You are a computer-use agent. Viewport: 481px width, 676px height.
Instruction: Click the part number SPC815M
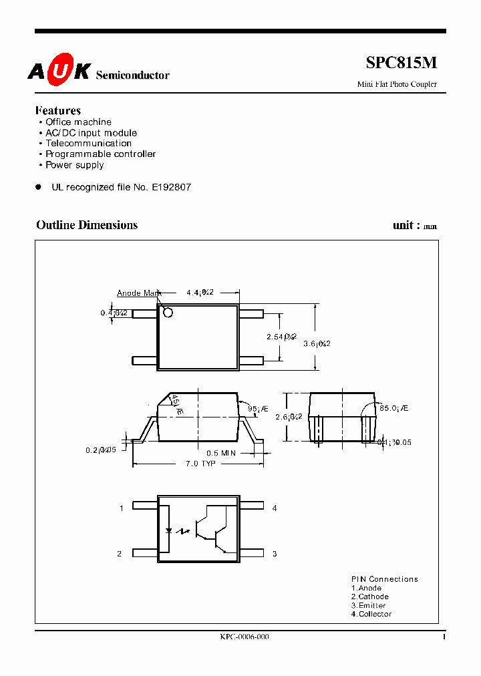coord(402,63)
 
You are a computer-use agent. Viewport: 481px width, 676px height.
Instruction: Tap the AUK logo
coord(59,71)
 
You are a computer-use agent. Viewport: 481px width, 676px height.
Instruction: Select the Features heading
coord(58,111)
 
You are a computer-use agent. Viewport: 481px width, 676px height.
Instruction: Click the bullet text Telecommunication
coord(88,144)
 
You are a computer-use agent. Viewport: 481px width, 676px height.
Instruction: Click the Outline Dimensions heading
coord(87,225)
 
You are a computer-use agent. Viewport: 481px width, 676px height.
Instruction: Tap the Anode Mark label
coord(138,293)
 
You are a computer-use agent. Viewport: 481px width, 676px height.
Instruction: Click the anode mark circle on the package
coord(168,313)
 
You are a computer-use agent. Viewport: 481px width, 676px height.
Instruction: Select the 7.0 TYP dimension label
coord(200,464)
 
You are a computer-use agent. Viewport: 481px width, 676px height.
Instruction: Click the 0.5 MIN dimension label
coord(221,453)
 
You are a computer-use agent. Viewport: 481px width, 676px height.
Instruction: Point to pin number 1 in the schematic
coord(122,508)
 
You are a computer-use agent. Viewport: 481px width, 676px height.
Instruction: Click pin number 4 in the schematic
coord(275,508)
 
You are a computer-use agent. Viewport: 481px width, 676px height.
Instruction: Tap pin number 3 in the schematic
coord(275,554)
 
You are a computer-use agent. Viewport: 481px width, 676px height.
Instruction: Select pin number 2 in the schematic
coord(120,554)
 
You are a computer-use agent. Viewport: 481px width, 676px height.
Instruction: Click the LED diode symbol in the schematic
coord(168,532)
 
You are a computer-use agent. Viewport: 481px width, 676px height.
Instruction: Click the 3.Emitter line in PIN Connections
coord(368,605)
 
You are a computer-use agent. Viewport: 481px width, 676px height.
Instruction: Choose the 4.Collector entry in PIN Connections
coord(371,614)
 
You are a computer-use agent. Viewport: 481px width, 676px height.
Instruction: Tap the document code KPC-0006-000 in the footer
coord(245,637)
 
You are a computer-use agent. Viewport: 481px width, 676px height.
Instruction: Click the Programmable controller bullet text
coord(100,154)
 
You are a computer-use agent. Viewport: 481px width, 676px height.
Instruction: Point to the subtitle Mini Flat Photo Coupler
coord(397,84)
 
